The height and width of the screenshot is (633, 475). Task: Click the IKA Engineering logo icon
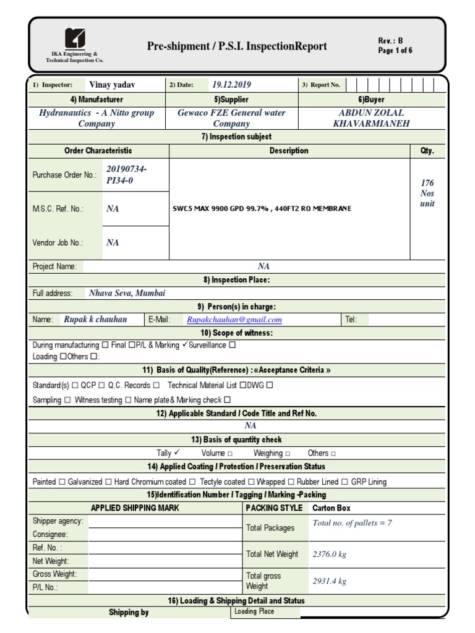click(75, 38)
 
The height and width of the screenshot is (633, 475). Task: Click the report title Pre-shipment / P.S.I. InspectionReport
click(237, 46)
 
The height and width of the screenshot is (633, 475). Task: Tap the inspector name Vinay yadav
click(113, 85)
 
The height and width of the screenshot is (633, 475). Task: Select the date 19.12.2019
click(231, 85)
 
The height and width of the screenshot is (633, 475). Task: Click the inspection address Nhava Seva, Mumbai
click(127, 293)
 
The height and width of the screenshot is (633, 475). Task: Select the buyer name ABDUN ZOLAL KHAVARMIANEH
click(371, 118)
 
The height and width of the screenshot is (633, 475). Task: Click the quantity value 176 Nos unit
click(427, 193)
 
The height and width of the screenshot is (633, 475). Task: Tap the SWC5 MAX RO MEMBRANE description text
click(262, 208)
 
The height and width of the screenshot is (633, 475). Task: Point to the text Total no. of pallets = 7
click(352, 523)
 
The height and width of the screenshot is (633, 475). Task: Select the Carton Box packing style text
click(332, 508)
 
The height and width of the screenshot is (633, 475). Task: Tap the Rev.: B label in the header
click(390, 41)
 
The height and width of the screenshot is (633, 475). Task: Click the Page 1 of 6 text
click(395, 51)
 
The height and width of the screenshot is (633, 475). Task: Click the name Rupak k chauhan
click(95, 320)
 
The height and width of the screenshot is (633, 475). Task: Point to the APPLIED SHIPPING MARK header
click(135, 508)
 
